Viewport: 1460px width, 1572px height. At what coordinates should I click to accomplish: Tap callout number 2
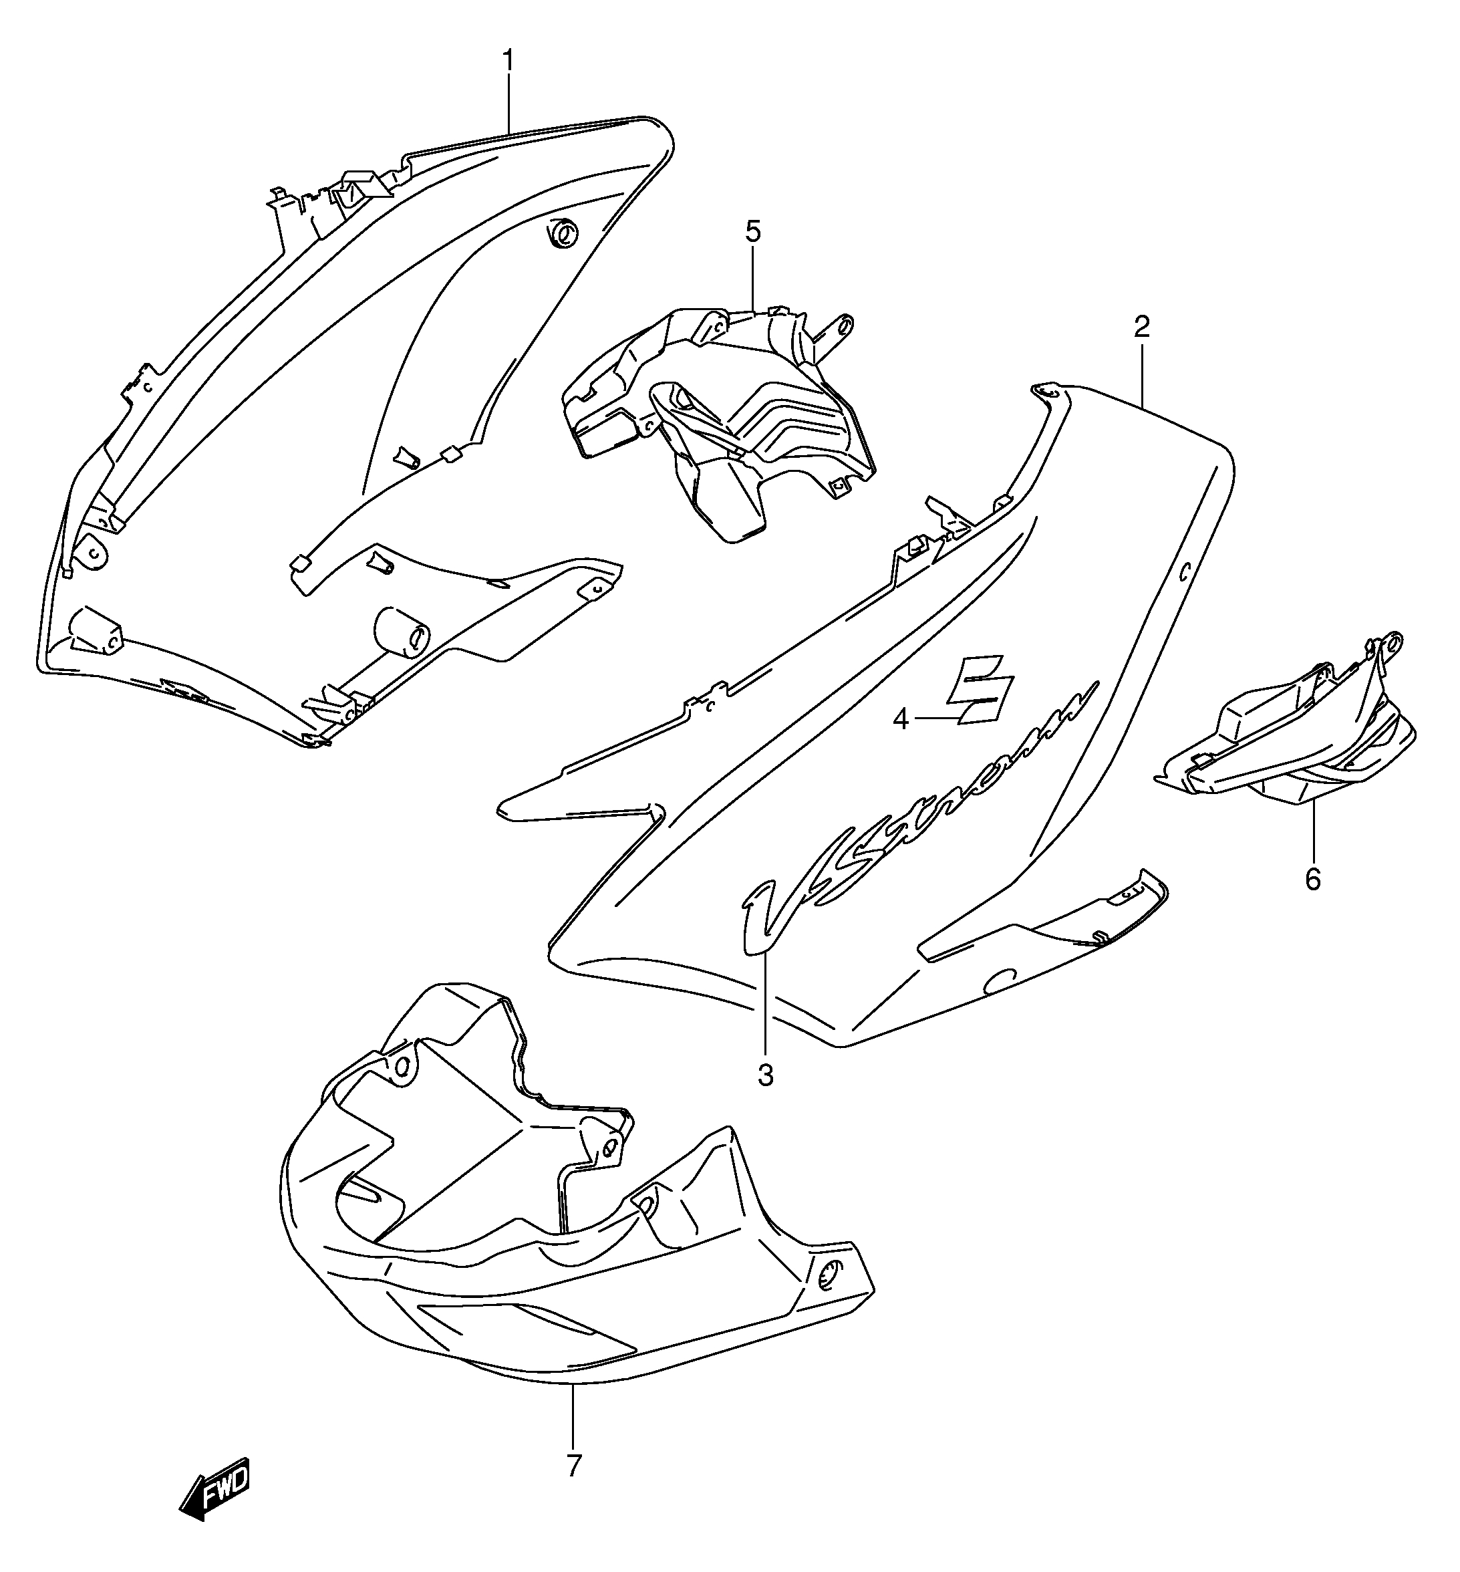[1142, 326]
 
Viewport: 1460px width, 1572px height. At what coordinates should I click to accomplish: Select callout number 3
[765, 1075]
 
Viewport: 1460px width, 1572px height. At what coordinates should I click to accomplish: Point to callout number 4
[901, 720]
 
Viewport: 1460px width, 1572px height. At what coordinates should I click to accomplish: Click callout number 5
[753, 233]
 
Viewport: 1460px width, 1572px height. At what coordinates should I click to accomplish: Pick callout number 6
[1312, 879]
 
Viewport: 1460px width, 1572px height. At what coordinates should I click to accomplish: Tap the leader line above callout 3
[765, 1004]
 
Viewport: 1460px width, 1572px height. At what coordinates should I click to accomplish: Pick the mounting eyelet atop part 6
[1395, 642]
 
